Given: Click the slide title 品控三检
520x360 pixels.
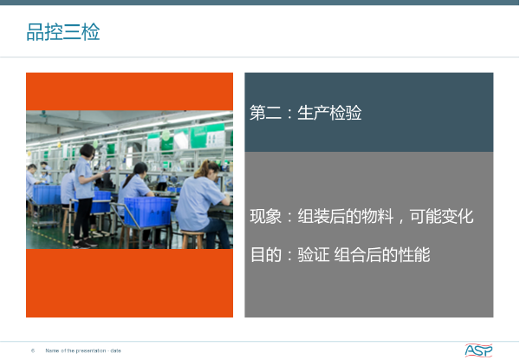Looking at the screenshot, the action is coord(63,32).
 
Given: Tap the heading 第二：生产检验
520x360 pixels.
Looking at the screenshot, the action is coord(305,113).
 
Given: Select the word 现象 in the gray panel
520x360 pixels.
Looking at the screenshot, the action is coord(265,216).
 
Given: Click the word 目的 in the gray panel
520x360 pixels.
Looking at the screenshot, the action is coord(266,255).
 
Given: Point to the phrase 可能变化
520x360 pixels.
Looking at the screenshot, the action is coord(441,216).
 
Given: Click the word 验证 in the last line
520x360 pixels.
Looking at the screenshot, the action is coord(314,255).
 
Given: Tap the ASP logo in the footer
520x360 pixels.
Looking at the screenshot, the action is coord(478,350).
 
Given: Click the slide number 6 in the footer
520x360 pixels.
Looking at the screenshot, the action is coord(33,350).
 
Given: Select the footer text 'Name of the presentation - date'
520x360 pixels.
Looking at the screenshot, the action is coord(83,350).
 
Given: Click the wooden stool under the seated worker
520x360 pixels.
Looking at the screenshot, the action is coord(192,239).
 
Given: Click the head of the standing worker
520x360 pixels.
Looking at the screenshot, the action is coord(88,151).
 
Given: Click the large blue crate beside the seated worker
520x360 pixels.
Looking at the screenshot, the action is coord(147,212).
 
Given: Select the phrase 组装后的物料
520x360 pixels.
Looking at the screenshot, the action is coord(346,216).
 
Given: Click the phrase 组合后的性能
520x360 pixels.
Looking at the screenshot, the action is coord(382,255).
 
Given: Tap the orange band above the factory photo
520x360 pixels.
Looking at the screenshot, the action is coord(129,92).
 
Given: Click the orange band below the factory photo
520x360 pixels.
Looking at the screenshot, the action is coord(129,283).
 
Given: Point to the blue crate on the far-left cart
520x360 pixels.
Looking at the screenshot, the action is coord(47,195).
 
